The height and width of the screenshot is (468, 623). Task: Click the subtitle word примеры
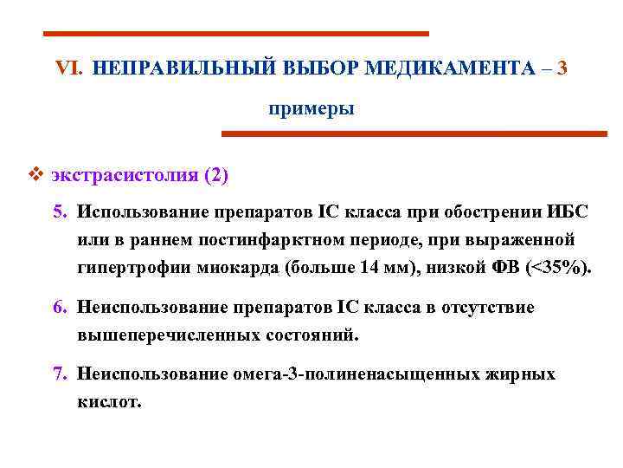click(x=311, y=109)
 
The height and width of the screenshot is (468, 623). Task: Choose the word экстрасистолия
click(x=125, y=176)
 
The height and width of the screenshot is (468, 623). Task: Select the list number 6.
click(x=58, y=307)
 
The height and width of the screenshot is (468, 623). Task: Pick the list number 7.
click(x=58, y=374)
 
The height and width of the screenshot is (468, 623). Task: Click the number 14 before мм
click(x=368, y=267)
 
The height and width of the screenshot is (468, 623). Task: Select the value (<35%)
click(x=554, y=267)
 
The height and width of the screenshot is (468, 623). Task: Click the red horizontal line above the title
click(x=236, y=34)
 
